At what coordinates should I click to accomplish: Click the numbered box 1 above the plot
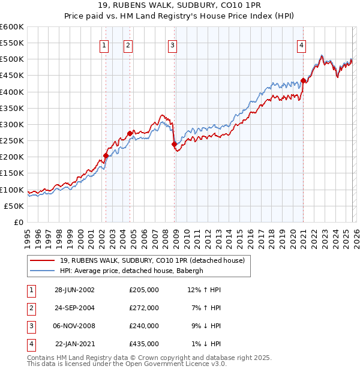(x=104, y=45)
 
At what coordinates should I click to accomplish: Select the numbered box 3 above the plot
(x=172, y=45)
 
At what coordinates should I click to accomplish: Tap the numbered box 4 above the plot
(x=301, y=45)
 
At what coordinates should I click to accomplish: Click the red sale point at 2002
(x=106, y=155)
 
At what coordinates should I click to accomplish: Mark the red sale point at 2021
(x=303, y=80)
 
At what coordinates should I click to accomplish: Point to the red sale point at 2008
(x=174, y=144)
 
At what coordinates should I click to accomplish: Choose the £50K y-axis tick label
(x=14, y=206)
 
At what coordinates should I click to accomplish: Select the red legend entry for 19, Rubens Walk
(x=152, y=261)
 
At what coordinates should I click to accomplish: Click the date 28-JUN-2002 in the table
(x=74, y=290)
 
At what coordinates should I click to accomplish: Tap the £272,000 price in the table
(x=144, y=308)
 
